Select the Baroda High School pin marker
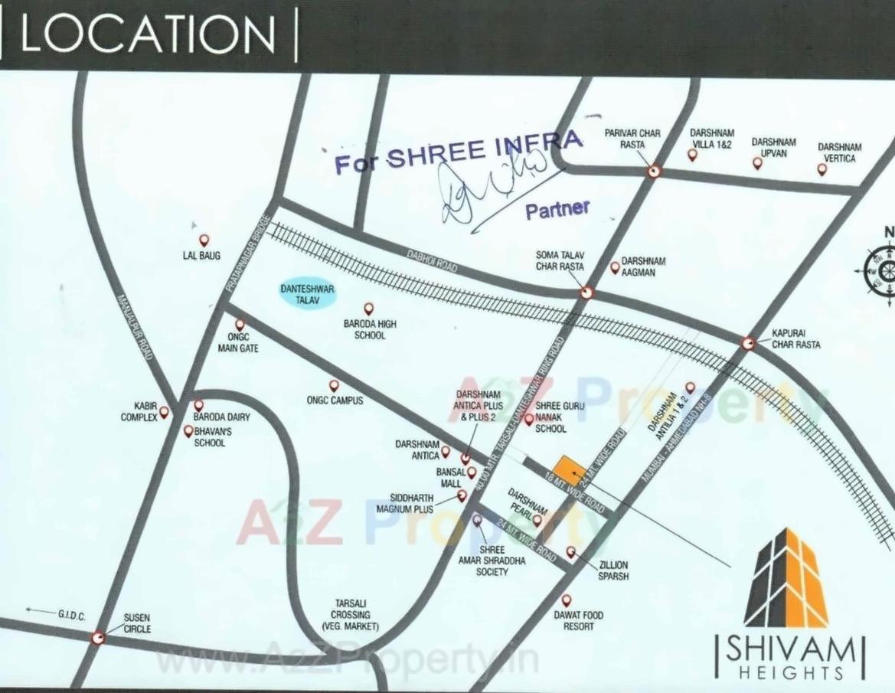click(x=369, y=309)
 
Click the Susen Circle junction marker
click(x=98, y=637)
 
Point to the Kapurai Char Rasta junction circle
click(x=748, y=344)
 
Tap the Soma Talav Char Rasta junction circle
click(x=586, y=291)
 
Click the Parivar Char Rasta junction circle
click(x=652, y=172)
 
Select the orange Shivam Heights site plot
click(x=567, y=469)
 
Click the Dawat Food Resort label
click(x=578, y=620)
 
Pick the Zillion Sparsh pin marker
click(x=570, y=551)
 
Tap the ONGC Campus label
click(x=335, y=400)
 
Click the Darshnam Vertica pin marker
click(x=822, y=169)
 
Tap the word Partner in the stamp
click(x=557, y=209)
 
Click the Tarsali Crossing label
click(x=351, y=615)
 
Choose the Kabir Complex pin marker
click(x=163, y=411)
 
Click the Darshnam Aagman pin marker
click(x=614, y=267)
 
